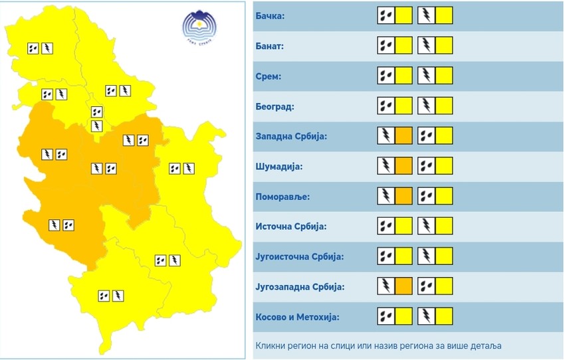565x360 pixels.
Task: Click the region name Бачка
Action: click(x=270, y=15)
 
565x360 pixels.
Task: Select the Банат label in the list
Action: click(x=269, y=46)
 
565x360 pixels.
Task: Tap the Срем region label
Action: click(x=268, y=76)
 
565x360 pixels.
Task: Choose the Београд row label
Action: click(x=275, y=106)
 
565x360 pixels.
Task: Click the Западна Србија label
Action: click(x=292, y=136)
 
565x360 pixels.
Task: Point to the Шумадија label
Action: click(x=279, y=166)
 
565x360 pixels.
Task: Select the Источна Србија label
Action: click(x=292, y=226)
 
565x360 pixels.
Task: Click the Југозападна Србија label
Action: click(x=300, y=286)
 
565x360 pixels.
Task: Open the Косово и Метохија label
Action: click(x=297, y=316)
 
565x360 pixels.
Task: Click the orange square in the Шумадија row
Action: click(x=404, y=166)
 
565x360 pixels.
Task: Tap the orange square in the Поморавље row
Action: click(x=404, y=197)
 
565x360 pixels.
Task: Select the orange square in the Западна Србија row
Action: click(x=404, y=136)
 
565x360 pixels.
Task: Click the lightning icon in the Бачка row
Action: click(x=426, y=15)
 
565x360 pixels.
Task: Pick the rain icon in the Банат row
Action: click(x=386, y=46)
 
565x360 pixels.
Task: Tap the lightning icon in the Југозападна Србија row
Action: click(x=386, y=286)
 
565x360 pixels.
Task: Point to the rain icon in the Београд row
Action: click(x=386, y=106)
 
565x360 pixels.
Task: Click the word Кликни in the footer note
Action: click(x=271, y=346)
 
